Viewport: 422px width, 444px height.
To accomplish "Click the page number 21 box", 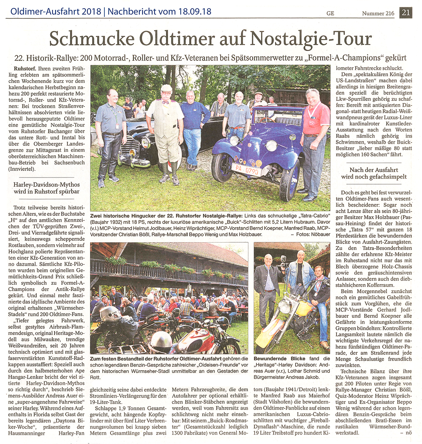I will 406,13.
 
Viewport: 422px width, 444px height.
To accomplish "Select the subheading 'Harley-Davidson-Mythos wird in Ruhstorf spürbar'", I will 46,188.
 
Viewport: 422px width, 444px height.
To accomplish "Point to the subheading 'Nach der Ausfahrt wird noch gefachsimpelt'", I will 373,173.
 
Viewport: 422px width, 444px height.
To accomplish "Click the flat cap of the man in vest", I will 166,87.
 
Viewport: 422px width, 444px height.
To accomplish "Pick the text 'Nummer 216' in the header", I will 378,13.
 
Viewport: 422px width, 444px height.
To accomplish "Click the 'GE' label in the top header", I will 330,13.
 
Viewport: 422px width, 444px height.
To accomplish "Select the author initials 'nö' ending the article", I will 408,433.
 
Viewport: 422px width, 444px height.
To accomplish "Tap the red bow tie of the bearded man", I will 165,102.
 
